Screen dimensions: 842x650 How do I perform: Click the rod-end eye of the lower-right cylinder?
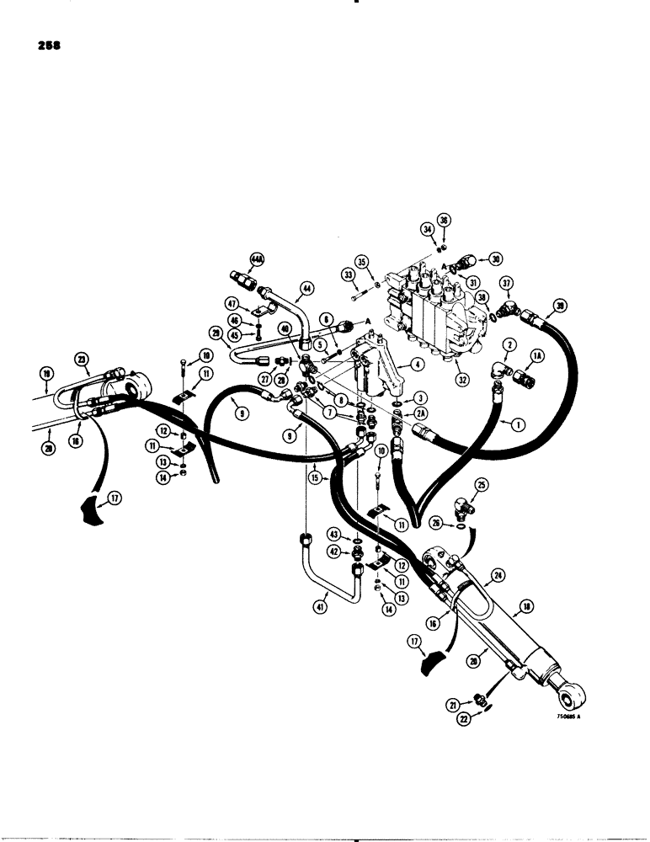click(x=574, y=696)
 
